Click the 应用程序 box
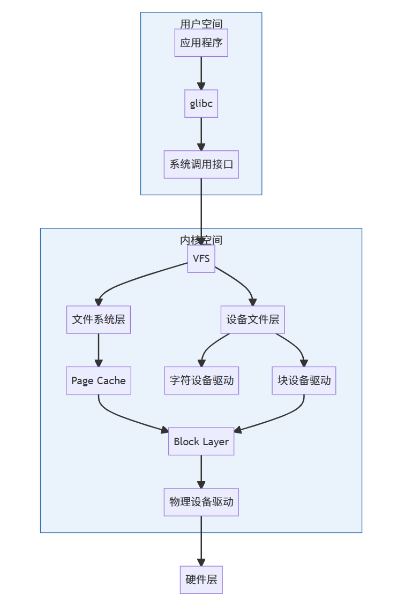point(201,43)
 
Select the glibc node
point(201,103)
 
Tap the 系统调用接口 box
point(201,164)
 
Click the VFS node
point(201,259)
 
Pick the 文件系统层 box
point(99,319)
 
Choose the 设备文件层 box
point(252,319)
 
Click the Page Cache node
point(99,380)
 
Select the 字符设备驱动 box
point(201,380)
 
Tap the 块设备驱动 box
point(304,380)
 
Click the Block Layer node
point(201,441)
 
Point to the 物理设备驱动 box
point(201,502)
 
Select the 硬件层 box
point(201,580)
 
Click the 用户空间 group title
point(201,24)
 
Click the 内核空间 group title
point(201,240)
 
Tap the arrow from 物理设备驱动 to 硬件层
point(201,540)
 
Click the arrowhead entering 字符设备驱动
point(202,363)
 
